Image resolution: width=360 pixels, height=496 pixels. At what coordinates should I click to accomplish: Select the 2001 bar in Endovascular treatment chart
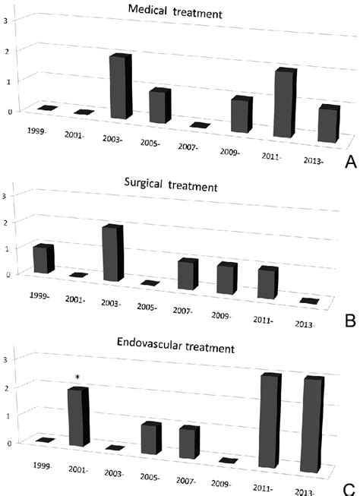pyautogui.click(x=78, y=417)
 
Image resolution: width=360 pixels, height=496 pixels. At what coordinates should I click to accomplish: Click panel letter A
pyautogui.click(x=349, y=162)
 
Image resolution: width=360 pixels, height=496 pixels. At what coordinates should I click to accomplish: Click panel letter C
pyautogui.click(x=349, y=488)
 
